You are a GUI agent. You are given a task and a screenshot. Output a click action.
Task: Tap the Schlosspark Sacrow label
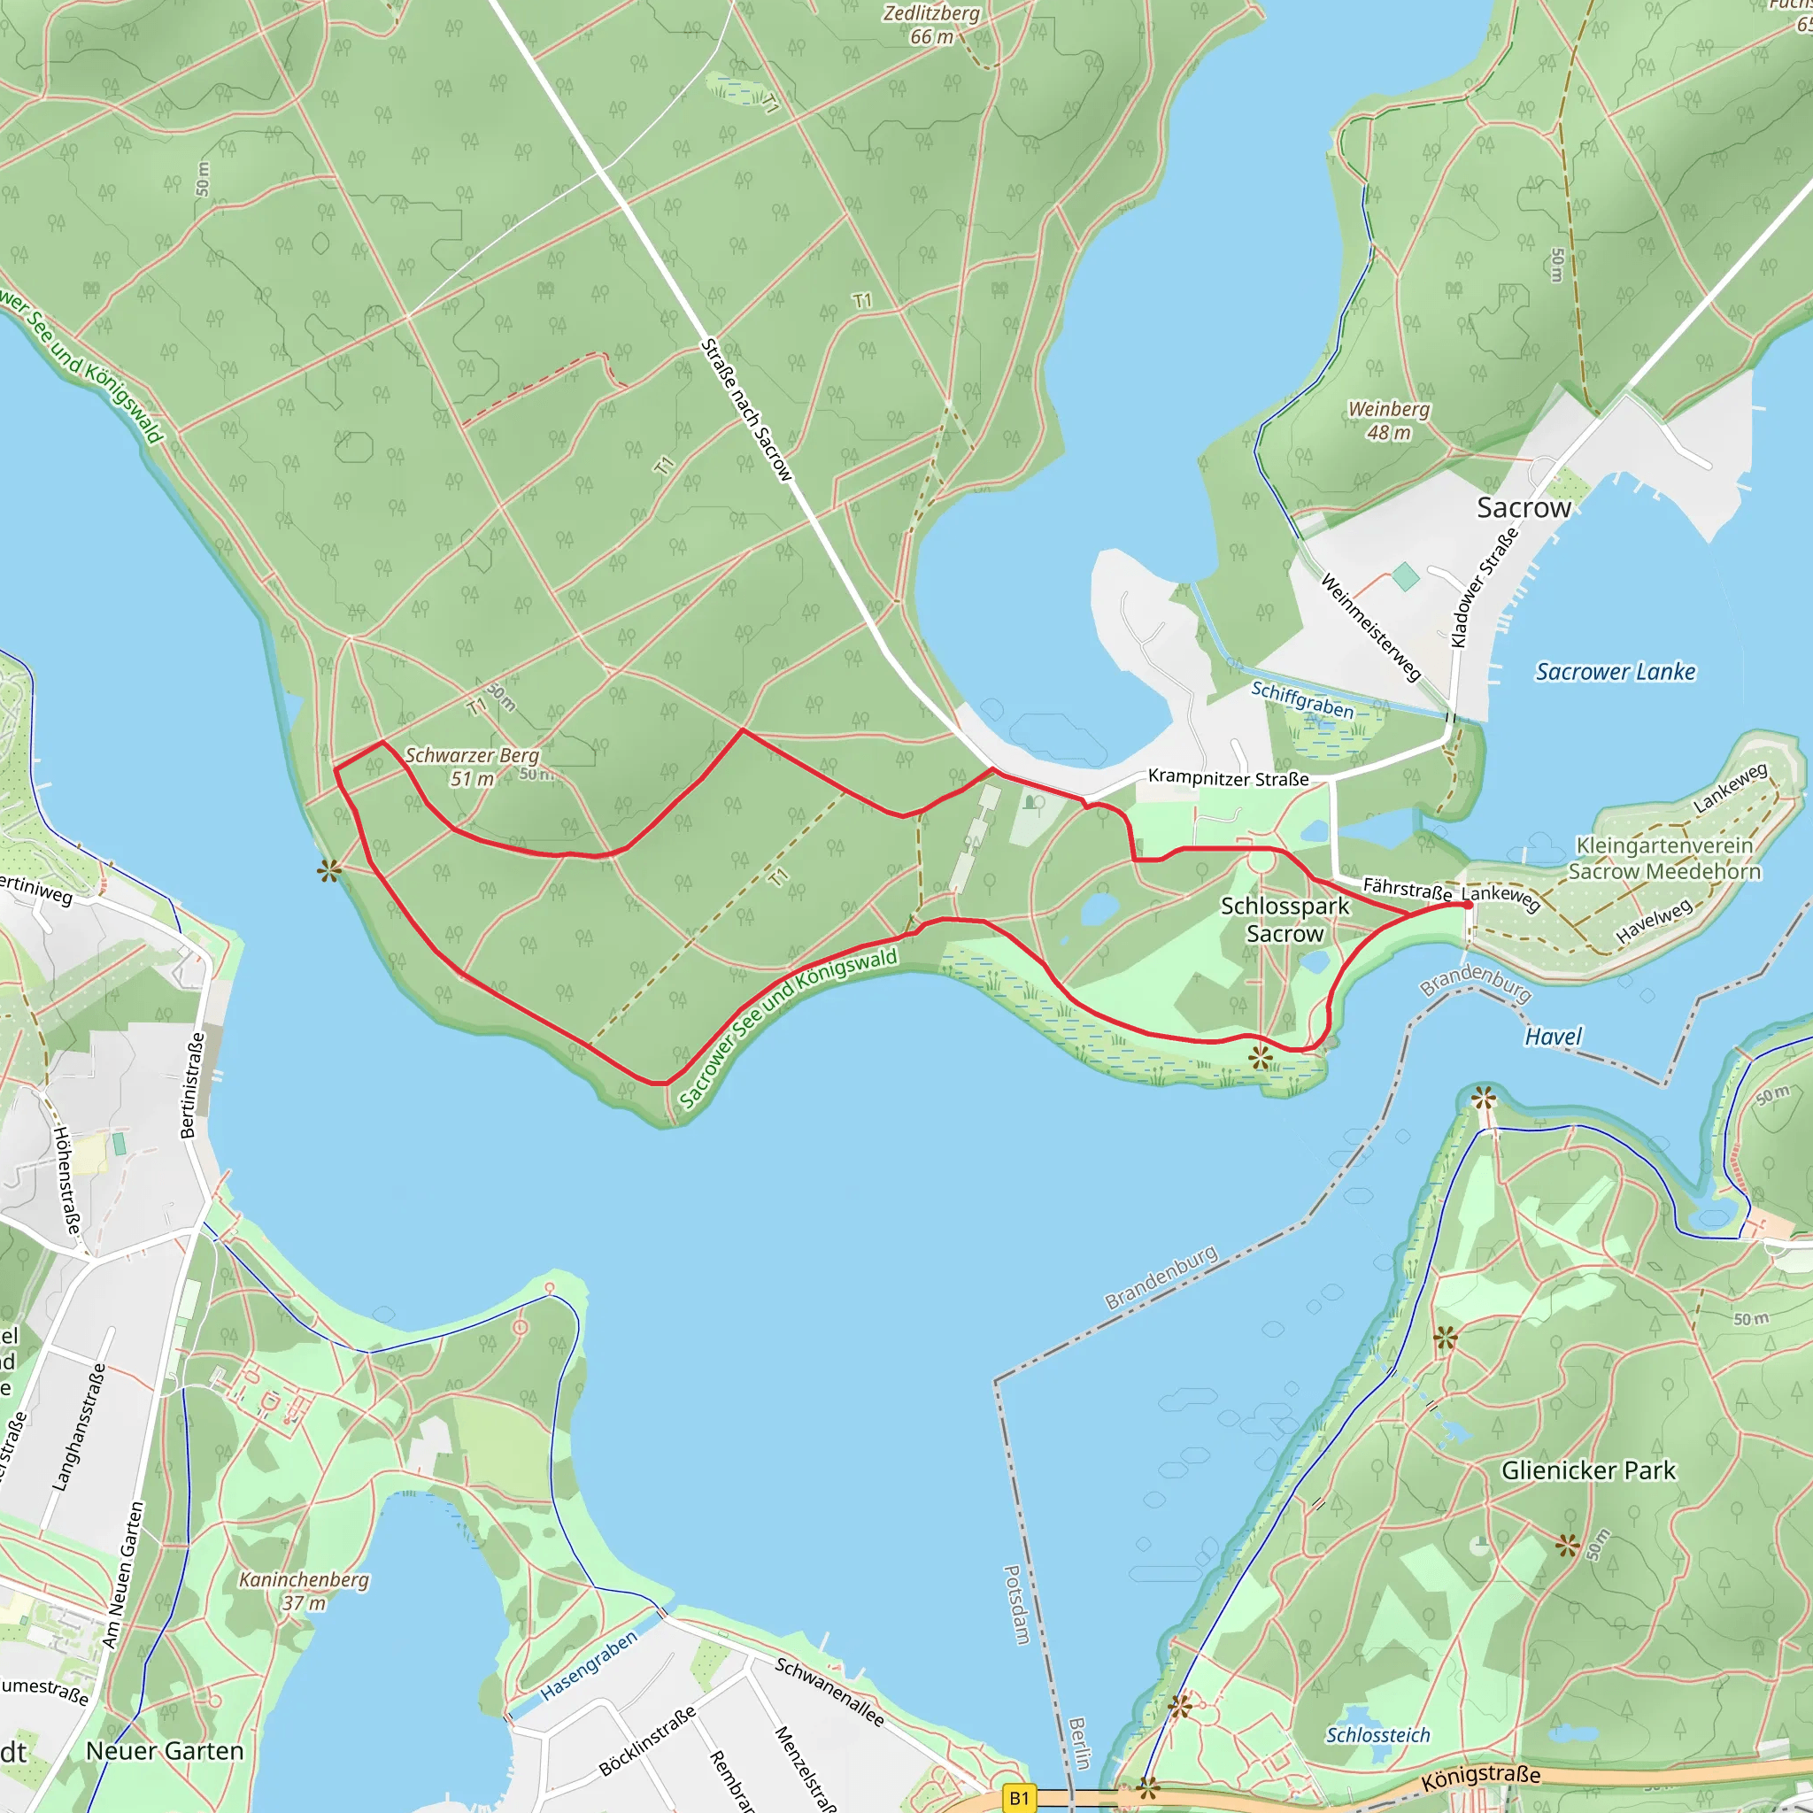(x=1284, y=920)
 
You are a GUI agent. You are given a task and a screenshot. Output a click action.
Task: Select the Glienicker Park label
(x=1588, y=1470)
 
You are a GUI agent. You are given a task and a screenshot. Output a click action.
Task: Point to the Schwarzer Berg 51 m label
(x=472, y=767)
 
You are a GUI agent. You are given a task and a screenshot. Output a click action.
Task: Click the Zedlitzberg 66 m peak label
(x=931, y=25)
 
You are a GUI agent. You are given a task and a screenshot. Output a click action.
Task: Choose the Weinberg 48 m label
(x=1388, y=420)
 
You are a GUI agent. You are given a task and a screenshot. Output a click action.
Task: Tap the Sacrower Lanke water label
(x=1615, y=672)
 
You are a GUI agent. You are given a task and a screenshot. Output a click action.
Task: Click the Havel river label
(x=1552, y=1036)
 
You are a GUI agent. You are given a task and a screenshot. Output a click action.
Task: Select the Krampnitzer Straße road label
(x=1228, y=778)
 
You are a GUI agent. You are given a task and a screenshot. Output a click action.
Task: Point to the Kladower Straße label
(x=1484, y=588)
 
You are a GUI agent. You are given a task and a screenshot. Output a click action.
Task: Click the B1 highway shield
(x=1018, y=1798)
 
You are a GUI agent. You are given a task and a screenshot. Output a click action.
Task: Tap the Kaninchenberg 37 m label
(x=304, y=1591)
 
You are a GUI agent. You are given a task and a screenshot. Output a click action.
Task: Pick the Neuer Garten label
(x=165, y=1751)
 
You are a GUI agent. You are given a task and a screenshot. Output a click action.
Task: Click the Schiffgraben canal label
(x=1302, y=700)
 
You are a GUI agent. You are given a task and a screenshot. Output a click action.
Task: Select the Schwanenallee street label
(x=829, y=1692)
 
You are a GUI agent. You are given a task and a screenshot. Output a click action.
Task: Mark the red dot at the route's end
(x=1467, y=905)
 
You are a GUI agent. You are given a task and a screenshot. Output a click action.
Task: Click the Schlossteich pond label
(x=1377, y=1735)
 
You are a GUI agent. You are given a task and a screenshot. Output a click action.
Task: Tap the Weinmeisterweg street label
(x=1370, y=627)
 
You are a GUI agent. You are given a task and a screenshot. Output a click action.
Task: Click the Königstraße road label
(x=1480, y=1777)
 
